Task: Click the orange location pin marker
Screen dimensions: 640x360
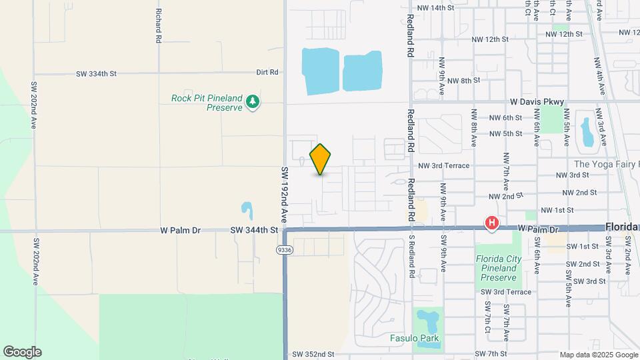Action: coord(321,159)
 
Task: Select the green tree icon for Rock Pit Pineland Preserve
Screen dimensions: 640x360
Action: coord(252,102)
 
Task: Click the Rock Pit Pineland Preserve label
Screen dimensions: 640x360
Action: coord(207,103)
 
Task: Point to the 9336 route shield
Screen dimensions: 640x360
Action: coord(285,249)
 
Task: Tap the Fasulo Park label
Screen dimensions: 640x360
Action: coord(415,338)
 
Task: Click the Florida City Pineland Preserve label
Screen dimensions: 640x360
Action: coord(497,268)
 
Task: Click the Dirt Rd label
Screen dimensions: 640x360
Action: coord(267,72)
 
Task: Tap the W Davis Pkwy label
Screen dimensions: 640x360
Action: coord(537,102)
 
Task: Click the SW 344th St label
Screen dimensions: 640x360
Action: coord(253,230)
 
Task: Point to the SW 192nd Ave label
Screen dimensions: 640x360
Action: coord(283,194)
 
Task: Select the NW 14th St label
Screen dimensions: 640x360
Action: coord(435,8)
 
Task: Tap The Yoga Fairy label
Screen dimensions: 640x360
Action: coord(606,164)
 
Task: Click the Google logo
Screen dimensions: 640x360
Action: coord(22,352)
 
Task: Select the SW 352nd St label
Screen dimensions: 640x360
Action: coord(313,354)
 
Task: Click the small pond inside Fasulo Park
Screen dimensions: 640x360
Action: coord(427,321)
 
